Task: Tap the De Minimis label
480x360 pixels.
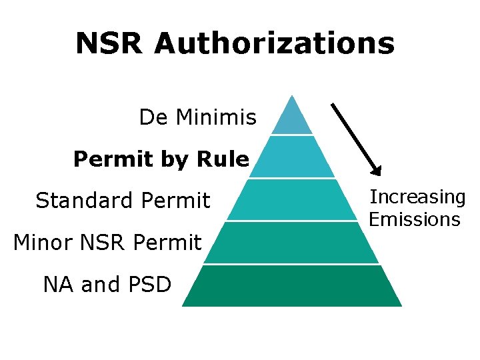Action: pos(197,118)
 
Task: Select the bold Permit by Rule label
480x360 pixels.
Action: pos(161,159)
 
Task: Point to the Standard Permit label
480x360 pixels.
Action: pos(123,200)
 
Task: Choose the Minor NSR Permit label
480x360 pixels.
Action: pos(107,242)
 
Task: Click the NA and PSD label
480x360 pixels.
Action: pos(107,285)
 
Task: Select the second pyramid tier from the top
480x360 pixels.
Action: pos(292,157)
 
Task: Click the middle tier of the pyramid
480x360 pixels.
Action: pos(292,199)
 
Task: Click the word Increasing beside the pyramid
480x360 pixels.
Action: pos(417,197)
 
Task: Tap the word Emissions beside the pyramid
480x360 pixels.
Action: pos(415,219)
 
